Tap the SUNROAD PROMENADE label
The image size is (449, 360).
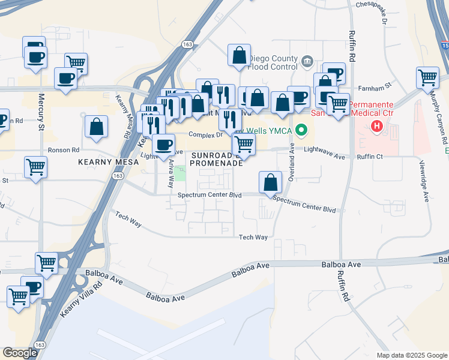coord(217,158)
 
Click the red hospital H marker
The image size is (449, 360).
coord(377,126)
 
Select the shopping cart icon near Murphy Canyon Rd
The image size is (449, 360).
coord(427,77)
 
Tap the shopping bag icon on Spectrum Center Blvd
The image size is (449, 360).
coord(271,181)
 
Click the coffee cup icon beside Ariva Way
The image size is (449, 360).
coord(163,144)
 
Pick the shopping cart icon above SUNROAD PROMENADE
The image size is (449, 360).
coord(243,143)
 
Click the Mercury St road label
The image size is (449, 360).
coord(41,112)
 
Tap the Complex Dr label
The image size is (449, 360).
coord(206,135)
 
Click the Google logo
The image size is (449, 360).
coord(20,353)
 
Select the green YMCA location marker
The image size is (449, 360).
coord(303,130)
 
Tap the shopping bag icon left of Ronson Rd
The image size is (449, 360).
coord(96,127)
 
